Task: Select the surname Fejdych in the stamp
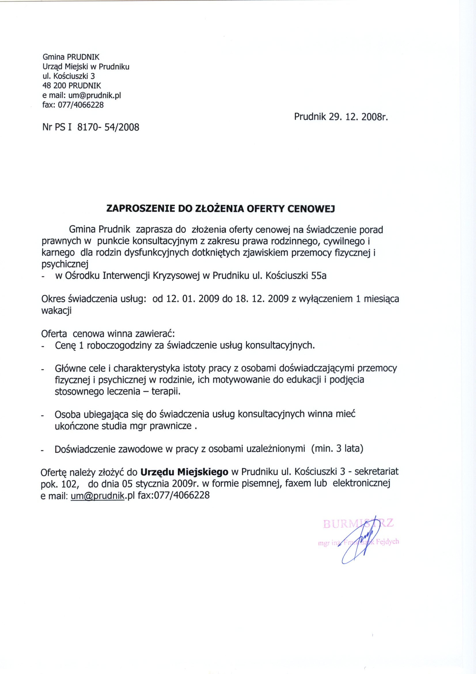coord(388,542)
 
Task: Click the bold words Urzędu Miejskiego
coord(184,472)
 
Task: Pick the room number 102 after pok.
coord(69,484)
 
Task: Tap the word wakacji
coord(56,311)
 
